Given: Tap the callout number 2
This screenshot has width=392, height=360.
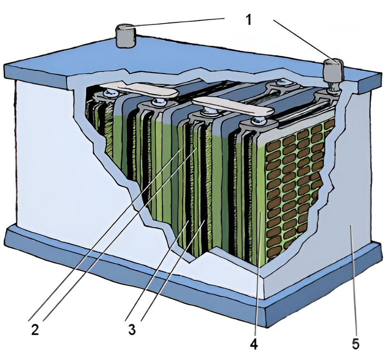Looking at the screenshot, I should [x=35, y=329].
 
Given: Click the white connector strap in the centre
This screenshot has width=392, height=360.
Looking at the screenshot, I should [x=233, y=106].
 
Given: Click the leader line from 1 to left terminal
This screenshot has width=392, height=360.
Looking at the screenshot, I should [x=177, y=23].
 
